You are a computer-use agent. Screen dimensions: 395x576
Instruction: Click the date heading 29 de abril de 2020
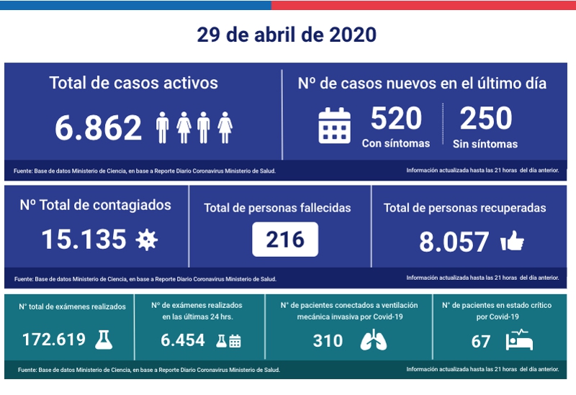point(287,35)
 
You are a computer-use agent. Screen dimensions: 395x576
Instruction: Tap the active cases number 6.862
point(99,128)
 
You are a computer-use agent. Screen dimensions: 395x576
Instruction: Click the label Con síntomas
point(396,143)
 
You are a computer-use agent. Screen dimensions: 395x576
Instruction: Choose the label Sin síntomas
point(485,144)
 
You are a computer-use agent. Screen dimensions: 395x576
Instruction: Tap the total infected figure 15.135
point(84,240)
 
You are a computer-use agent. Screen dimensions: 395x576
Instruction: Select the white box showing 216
point(285,240)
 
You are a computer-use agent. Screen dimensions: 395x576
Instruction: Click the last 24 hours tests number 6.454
point(183,340)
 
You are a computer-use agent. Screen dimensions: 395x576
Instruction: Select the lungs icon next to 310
point(373,340)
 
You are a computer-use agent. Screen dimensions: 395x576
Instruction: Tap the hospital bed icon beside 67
point(521,340)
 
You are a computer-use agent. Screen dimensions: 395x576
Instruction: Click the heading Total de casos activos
point(134,83)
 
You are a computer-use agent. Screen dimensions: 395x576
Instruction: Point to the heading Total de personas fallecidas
point(277,208)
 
